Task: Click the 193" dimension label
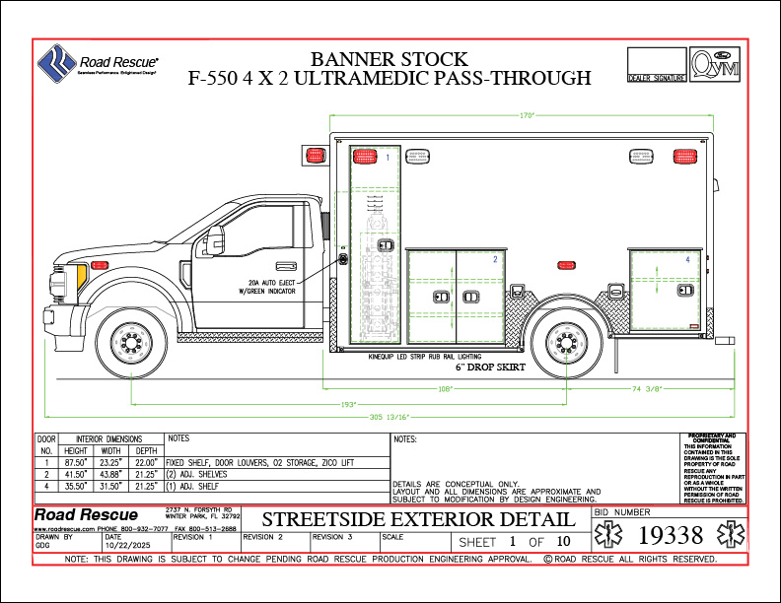tap(348, 404)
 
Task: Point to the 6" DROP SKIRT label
tap(488, 367)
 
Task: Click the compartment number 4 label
tap(688, 258)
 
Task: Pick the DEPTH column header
tap(146, 450)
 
